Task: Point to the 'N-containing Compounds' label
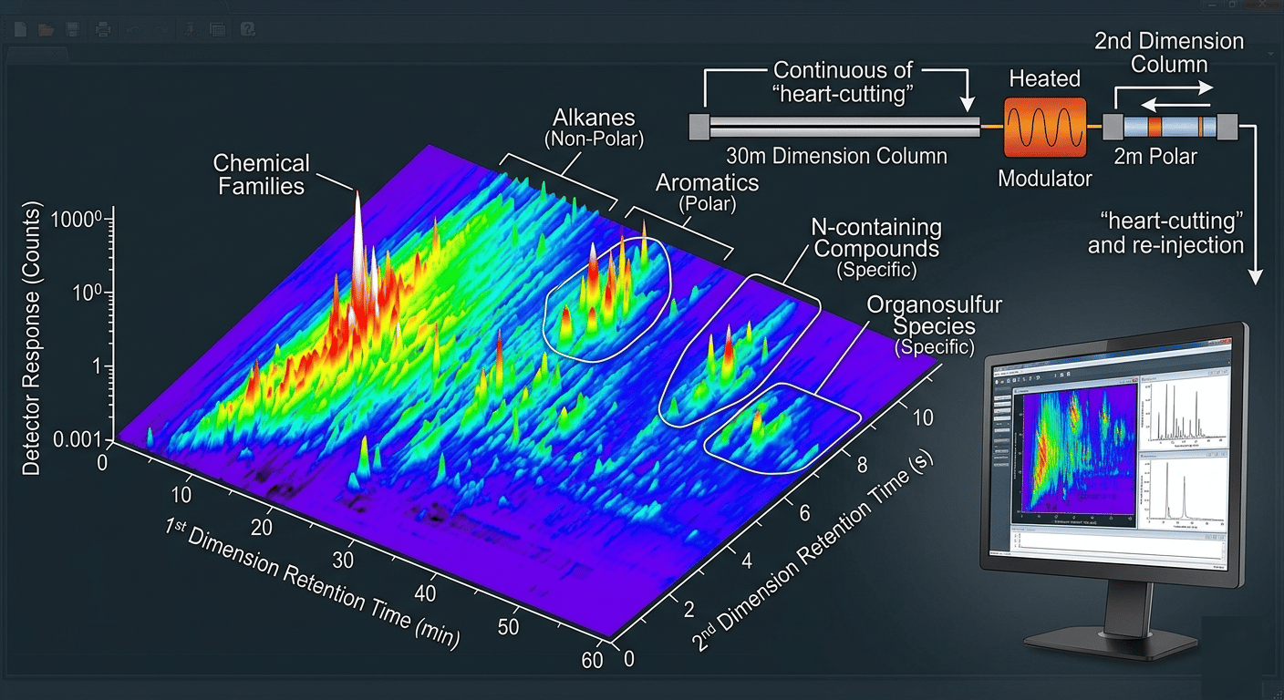coord(876,238)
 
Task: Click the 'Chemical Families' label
coord(261,174)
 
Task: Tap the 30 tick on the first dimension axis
coord(344,559)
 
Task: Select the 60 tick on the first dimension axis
coord(592,660)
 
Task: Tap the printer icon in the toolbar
coord(104,29)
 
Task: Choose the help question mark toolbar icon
coord(247,29)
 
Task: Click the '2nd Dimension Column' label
coord(1168,53)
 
